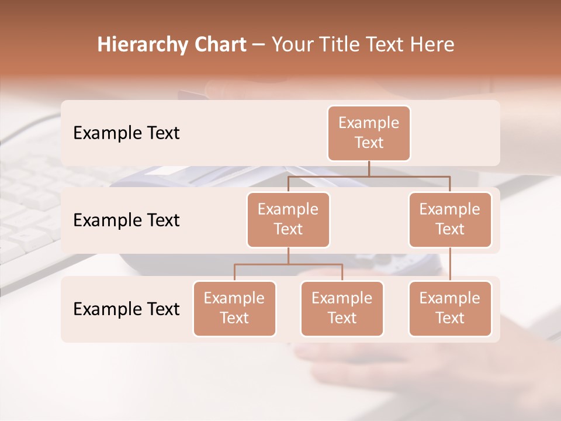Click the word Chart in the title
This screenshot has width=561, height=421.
217,45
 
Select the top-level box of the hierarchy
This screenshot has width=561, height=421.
369,133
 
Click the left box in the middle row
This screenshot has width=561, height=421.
288,220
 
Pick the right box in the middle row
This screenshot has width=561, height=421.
450,220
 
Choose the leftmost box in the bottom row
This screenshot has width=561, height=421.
234,309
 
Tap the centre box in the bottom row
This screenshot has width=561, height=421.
342,309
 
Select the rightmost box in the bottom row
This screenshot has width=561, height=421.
450,309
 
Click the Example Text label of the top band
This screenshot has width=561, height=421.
126,133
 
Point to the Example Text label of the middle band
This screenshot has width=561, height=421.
126,220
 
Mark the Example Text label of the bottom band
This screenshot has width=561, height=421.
126,309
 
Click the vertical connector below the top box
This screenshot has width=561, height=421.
369,168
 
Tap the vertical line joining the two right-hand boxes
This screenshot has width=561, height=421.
450,264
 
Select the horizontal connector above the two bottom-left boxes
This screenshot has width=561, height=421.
288,264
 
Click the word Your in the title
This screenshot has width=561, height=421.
290,45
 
